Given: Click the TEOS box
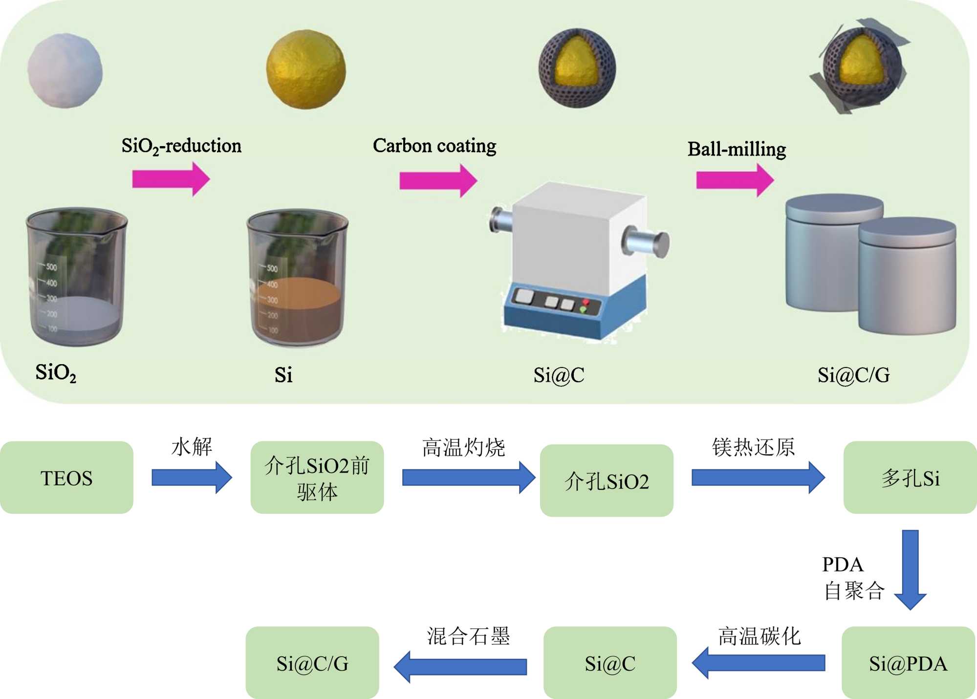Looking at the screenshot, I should [x=66, y=478].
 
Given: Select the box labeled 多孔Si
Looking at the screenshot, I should [x=910, y=478].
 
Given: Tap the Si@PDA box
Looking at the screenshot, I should [x=908, y=663].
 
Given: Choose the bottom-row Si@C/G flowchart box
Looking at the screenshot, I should [x=312, y=663].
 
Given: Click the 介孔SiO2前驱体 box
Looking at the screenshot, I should [x=317, y=478].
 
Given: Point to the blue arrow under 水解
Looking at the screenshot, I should [x=192, y=478].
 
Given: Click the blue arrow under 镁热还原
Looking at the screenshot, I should [x=758, y=478].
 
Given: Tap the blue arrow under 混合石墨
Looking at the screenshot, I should [x=460, y=666].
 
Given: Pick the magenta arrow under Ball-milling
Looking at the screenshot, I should [x=735, y=180].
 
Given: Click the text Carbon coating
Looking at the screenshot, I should [x=434, y=146].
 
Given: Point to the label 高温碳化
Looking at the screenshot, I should [x=759, y=636].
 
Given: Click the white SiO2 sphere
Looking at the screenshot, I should [x=65, y=70].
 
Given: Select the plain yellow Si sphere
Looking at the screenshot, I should [x=306, y=69].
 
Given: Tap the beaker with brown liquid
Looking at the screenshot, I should [x=297, y=279].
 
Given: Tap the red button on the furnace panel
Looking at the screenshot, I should [x=586, y=303].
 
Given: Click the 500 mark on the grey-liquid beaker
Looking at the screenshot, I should [x=51, y=267].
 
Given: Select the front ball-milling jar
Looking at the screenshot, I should [x=907, y=276].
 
